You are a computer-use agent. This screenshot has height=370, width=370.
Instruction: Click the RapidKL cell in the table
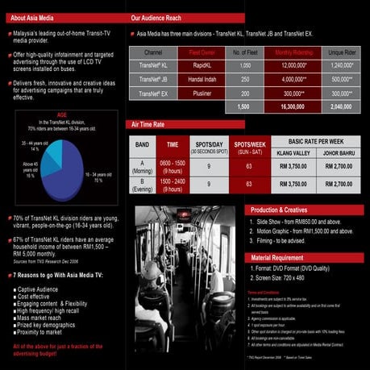coord(195,64)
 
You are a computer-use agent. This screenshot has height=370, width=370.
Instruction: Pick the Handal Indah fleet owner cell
coord(195,79)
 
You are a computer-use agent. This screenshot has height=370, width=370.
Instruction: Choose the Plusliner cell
coord(195,93)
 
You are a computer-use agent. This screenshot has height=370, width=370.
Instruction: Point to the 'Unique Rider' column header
coord(342,52)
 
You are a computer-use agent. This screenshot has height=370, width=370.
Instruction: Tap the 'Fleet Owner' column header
coord(195,52)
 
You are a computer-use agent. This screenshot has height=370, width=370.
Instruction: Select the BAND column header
coord(142,144)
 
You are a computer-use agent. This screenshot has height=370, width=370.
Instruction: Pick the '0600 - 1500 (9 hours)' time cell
coord(172,165)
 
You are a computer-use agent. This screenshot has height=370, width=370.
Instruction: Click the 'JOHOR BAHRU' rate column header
coord(333,152)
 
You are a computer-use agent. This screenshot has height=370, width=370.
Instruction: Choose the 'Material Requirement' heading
coord(281,258)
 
